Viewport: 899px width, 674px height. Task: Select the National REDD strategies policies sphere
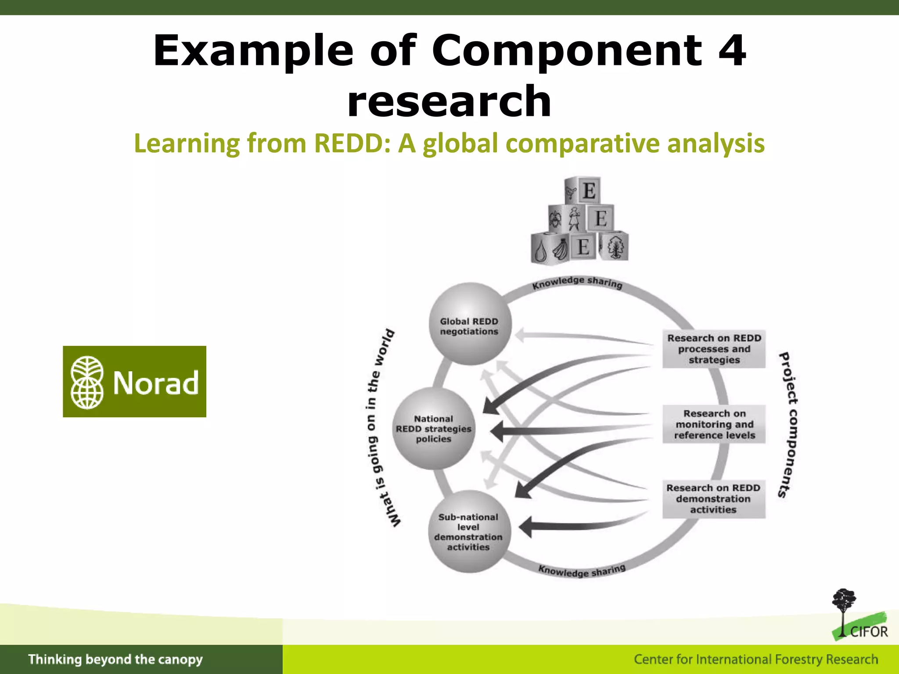433,429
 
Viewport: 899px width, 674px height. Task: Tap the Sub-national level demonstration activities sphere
468,531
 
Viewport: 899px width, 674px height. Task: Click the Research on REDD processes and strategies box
714,349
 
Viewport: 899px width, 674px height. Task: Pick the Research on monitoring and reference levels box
714,424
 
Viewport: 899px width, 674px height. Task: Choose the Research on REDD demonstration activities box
713,499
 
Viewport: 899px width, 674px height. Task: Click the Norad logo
134,381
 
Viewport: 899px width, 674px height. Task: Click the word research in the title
449,101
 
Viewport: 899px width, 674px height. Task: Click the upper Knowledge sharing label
577,283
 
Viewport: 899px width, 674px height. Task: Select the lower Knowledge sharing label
582,570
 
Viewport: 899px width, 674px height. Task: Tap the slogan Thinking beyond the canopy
115,660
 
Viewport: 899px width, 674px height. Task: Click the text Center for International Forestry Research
755,660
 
